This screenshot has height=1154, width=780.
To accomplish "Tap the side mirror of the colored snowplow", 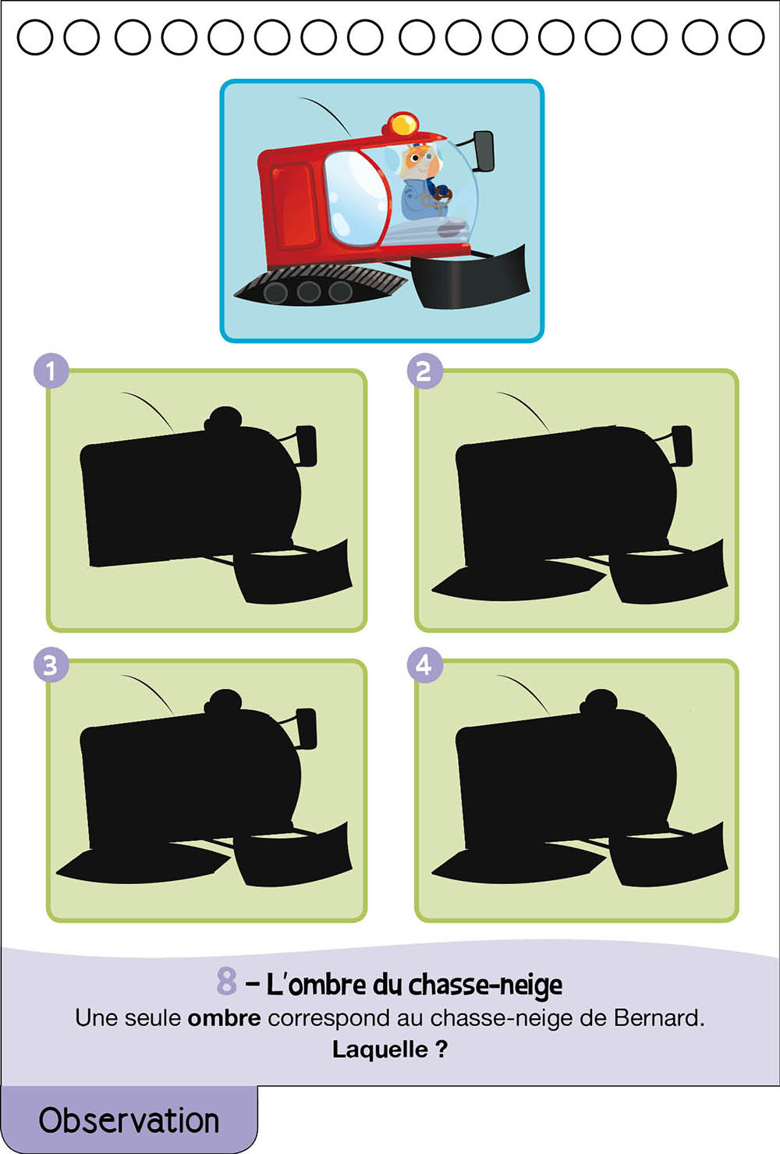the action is (484, 151).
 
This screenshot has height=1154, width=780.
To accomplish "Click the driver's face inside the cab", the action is (417, 160).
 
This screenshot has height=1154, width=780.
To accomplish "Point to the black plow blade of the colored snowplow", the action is (472, 279).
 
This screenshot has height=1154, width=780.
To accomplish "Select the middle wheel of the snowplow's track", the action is (308, 292).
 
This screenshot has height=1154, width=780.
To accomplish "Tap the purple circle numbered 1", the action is (51, 371).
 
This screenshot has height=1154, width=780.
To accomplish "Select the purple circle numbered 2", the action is (424, 371).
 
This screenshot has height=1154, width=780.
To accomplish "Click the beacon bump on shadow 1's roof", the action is (223, 418).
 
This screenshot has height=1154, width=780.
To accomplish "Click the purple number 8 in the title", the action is (226, 981).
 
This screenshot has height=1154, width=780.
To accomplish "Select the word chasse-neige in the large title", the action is (485, 985).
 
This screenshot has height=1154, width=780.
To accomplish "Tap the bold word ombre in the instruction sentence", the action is (224, 1018).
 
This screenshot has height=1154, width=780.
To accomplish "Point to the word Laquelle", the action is (380, 1049).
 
